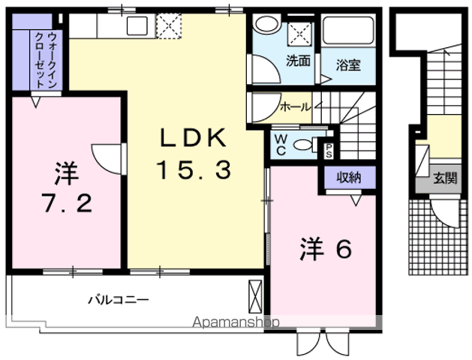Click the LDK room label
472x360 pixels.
tap(193, 137)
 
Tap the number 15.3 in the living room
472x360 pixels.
tap(194, 170)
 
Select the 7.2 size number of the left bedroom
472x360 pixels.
tap(67, 202)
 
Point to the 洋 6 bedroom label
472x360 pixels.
tap(326, 249)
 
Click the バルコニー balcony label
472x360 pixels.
tap(119, 300)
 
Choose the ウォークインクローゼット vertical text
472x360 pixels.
tap(46, 60)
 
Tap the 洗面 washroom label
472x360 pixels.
tap(298, 61)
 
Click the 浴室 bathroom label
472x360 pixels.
tap(348, 65)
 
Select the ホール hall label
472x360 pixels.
tap(295, 106)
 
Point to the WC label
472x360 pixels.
tap(281, 145)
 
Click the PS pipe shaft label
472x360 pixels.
tap(329, 151)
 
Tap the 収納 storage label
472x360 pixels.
tap(349, 178)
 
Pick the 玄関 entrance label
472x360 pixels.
tap(445, 178)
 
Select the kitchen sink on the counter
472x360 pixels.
tap(137, 25)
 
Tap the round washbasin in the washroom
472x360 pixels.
tap(266, 23)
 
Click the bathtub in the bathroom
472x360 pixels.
tap(348, 30)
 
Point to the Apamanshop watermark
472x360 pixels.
tap(236, 322)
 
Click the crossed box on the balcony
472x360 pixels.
tap(255, 296)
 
